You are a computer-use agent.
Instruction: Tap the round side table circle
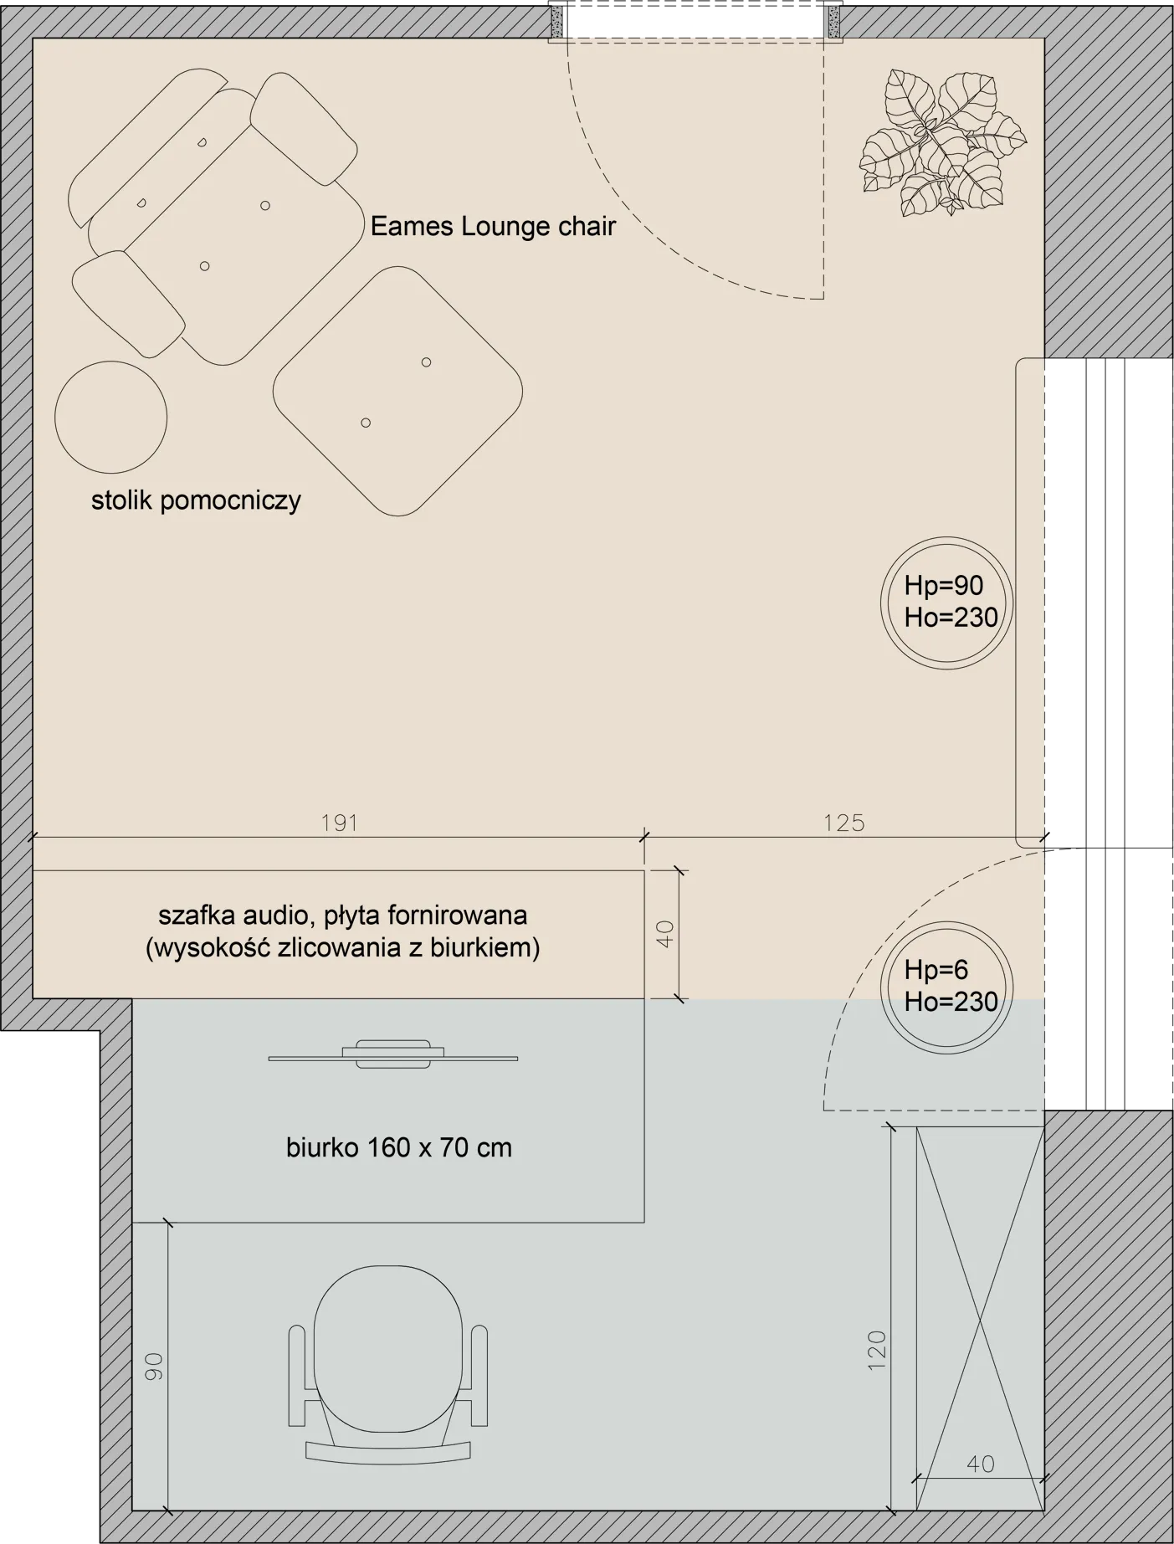pyautogui.click(x=110, y=417)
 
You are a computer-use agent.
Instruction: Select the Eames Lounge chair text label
pyautogui.click(x=493, y=227)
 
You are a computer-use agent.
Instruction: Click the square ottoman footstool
pyautogui.click(x=397, y=392)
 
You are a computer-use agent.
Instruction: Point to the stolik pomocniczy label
pyautogui.click(x=196, y=501)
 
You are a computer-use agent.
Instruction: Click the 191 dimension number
pyautogui.click(x=340, y=823)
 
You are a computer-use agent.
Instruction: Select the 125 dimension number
pyautogui.click(x=843, y=823)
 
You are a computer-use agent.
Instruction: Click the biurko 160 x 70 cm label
pyautogui.click(x=398, y=1147)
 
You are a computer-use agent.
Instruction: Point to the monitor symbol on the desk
pyautogui.click(x=393, y=1055)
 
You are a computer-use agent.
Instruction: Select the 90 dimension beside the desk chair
pyautogui.click(x=153, y=1366)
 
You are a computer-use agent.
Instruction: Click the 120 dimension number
pyautogui.click(x=876, y=1349)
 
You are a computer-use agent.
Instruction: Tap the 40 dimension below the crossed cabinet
pyautogui.click(x=980, y=1464)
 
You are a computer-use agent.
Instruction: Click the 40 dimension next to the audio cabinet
pyautogui.click(x=665, y=934)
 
